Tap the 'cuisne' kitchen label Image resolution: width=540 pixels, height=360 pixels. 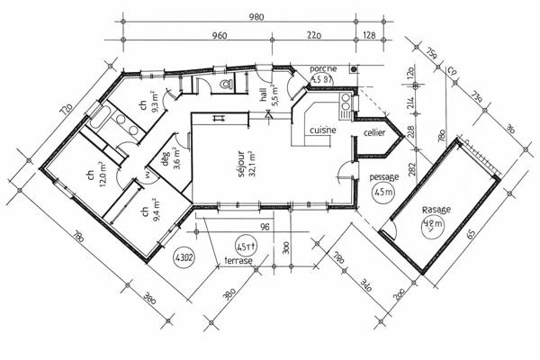click(x=323, y=130)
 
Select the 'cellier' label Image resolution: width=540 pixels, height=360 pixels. click(x=375, y=132)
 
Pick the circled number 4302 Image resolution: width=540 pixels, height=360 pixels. click(x=185, y=256)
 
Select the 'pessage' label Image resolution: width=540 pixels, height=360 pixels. click(x=384, y=177)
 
